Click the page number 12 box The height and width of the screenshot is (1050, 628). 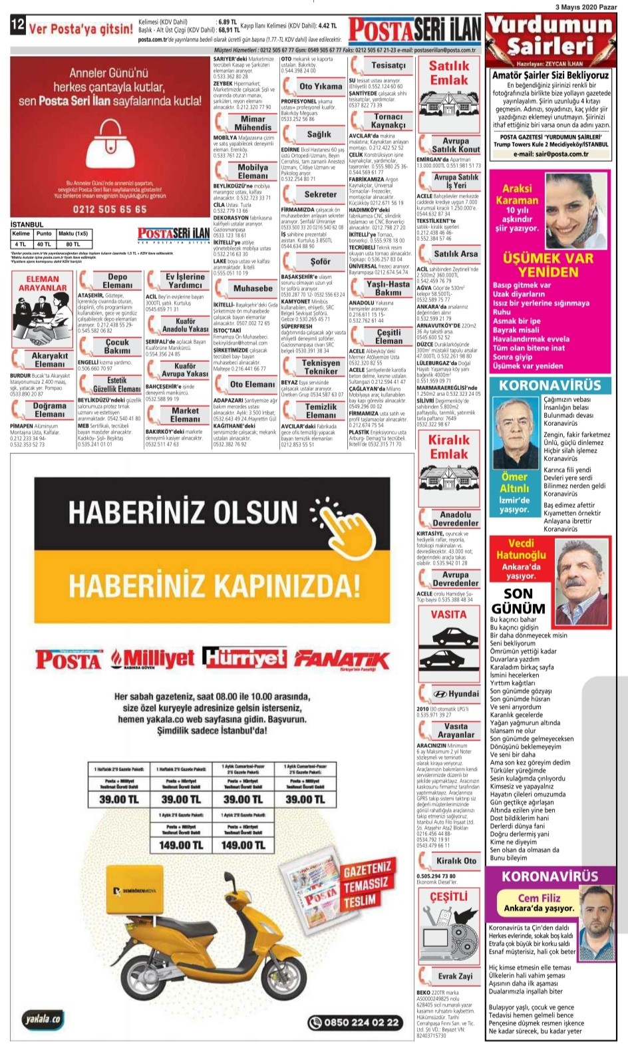pyautogui.click(x=17, y=26)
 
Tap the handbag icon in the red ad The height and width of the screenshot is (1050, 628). pyautogui.click(x=108, y=142)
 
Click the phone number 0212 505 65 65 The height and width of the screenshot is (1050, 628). pyautogui.click(x=110, y=209)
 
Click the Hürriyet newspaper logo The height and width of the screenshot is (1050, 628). pyautogui.click(x=244, y=658)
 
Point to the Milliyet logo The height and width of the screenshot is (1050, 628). pyautogui.click(x=153, y=659)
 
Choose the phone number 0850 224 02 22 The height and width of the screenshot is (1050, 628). pyautogui.click(x=356, y=1022)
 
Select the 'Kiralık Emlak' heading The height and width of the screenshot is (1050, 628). pyautogui.click(x=448, y=446)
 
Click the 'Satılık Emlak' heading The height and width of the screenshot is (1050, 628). pyautogui.click(x=449, y=73)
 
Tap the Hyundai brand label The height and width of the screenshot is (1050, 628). pyautogui.click(x=456, y=693)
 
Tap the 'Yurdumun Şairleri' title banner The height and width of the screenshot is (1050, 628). pyautogui.click(x=550, y=35)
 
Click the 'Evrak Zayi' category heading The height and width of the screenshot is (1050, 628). pyautogui.click(x=455, y=976)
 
